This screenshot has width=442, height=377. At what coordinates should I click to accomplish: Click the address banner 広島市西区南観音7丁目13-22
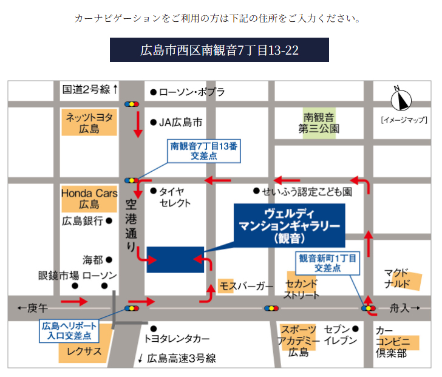(x=219, y=50)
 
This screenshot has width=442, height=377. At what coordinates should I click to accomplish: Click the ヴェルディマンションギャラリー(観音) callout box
(x=288, y=225)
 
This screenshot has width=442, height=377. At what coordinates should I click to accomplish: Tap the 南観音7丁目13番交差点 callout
(x=204, y=151)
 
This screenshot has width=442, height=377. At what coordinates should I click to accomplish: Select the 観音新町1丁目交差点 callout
(x=327, y=262)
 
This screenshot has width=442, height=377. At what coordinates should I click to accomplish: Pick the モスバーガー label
(x=246, y=285)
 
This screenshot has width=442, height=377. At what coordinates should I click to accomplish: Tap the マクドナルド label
(x=401, y=278)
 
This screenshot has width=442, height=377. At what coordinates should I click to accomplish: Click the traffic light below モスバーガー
(x=270, y=308)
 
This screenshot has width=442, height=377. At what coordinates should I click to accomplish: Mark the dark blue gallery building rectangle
(x=175, y=259)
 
